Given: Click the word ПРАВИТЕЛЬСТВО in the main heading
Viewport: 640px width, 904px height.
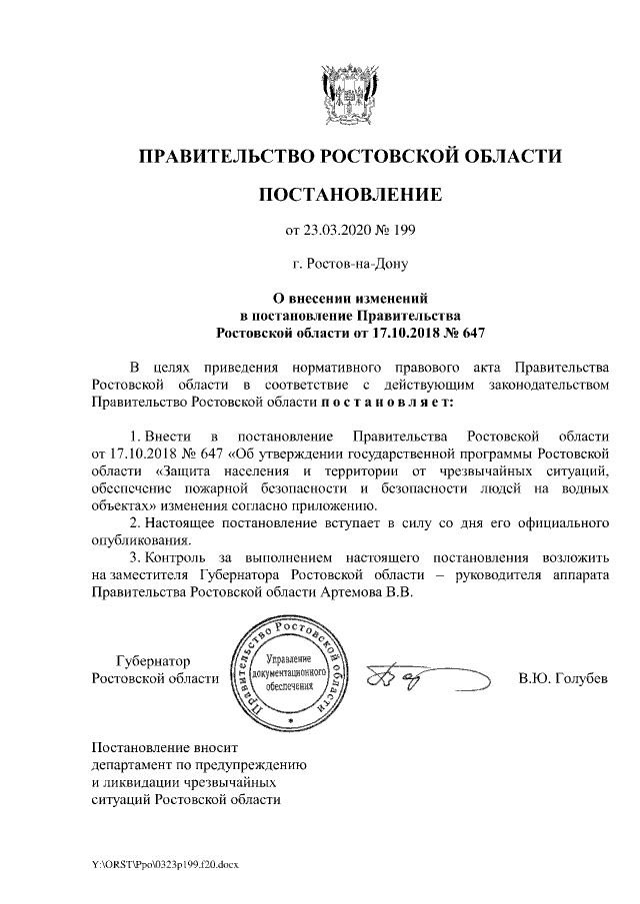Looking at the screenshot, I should point(225,156).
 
